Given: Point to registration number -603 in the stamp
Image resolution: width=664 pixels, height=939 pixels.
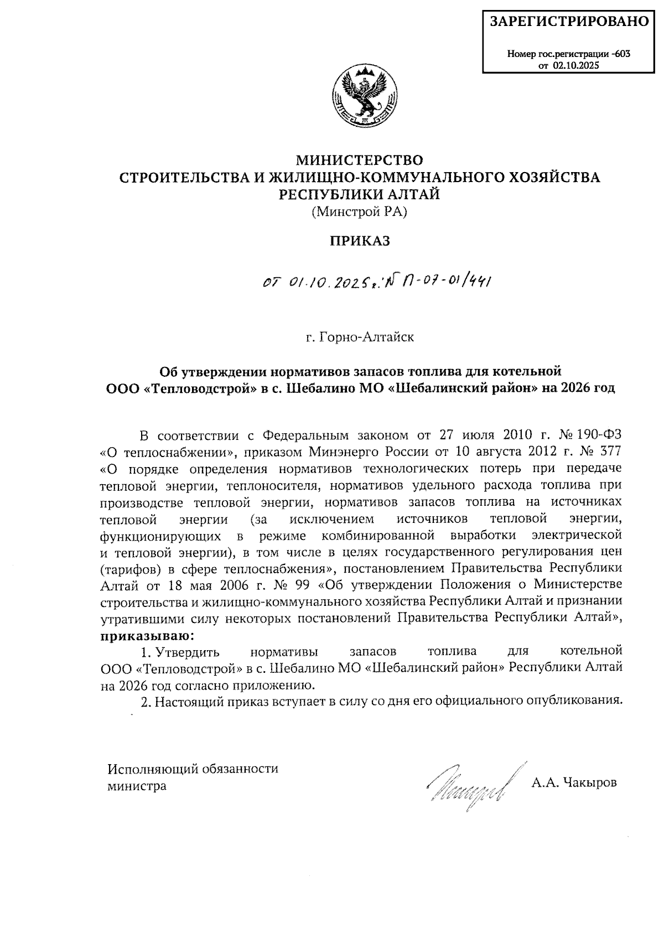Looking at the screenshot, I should [621, 54].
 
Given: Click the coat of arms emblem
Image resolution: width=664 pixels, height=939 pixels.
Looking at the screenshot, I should [364, 97].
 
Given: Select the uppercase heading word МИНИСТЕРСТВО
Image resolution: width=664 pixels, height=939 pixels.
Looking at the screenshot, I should [360, 160].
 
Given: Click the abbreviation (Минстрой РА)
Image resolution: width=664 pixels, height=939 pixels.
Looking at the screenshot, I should [360, 211].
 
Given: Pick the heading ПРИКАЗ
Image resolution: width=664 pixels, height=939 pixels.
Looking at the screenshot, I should [360, 241].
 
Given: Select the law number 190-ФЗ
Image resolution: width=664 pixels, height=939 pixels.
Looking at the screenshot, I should [599, 434].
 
